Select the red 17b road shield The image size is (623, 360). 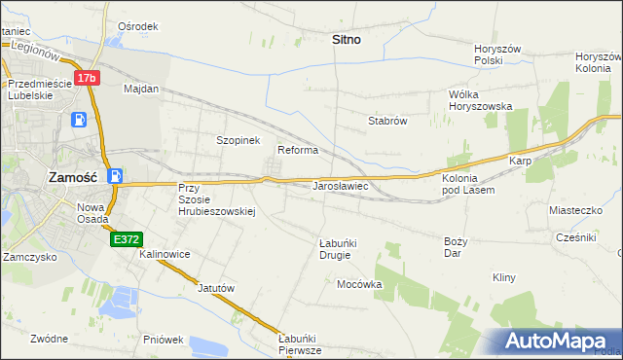pos(87,77)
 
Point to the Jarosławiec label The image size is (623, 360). pos(339,185)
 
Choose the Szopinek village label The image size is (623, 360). pos(238,140)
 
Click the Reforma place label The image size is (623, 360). pos(298,150)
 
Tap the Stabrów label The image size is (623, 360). pos(386,121)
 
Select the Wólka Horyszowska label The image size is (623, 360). pos(480,100)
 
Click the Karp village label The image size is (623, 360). pos(519,160)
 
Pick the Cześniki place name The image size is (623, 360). pos(575,237)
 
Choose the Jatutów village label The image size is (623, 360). pos(217,288)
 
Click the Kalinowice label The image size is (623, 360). pos(165,254)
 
